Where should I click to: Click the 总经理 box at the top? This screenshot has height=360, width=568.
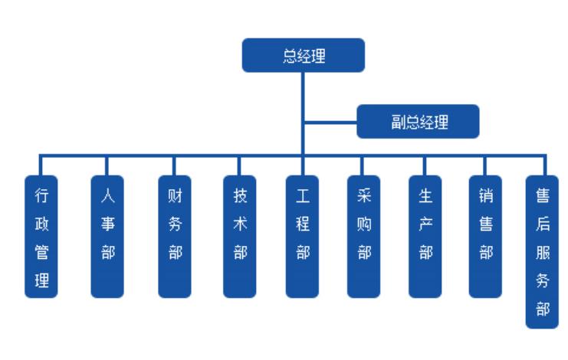(x=304, y=57)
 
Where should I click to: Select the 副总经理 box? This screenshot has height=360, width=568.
(x=418, y=122)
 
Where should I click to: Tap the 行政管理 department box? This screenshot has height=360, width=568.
(x=42, y=237)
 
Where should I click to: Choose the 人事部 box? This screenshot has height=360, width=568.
(x=107, y=237)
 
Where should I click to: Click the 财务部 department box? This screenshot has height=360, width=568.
(x=175, y=237)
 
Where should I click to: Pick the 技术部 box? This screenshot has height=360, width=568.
(x=240, y=237)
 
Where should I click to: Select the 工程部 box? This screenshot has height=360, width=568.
(x=303, y=237)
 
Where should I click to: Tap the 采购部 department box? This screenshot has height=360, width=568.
(x=363, y=237)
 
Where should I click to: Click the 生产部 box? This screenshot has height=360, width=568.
(x=425, y=237)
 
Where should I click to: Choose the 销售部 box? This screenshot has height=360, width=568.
(x=485, y=237)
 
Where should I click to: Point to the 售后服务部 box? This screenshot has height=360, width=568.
(x=542, y=252)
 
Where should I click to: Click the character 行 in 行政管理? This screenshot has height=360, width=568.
(x=42, y=197)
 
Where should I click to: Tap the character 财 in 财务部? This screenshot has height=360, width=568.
(x=175, y=197)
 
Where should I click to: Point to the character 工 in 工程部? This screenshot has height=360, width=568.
(x=303, y=197)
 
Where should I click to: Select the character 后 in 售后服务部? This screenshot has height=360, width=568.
(x=542, y=226)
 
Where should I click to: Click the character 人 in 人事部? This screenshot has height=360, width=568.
(x=107, y=197)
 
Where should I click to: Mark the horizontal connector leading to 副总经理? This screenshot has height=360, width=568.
(x=330, y=122)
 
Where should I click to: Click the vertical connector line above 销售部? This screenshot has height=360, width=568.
(x=485, y=166)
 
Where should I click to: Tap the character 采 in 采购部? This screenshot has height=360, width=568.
(x=363, y=197)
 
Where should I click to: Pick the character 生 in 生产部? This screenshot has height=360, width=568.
(x=425, y=197)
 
